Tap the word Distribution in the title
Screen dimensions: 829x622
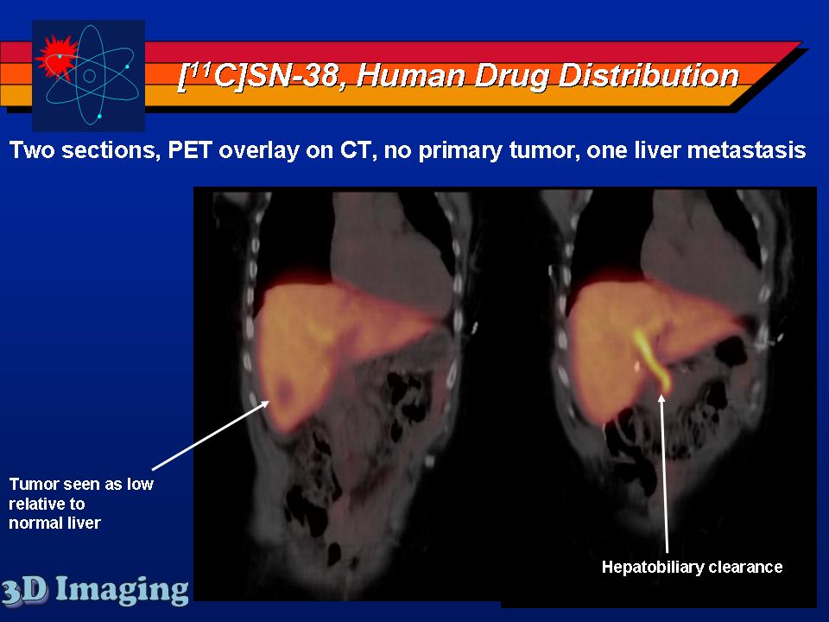point(649,75)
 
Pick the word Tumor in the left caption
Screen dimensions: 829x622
point(31,484)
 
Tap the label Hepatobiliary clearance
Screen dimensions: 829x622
point(692,567)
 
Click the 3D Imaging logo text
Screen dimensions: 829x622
point(94,590)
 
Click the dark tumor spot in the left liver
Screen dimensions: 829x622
point(286,391)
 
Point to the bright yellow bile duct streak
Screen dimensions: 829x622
point(651,360)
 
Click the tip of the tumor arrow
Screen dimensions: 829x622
point(269,402)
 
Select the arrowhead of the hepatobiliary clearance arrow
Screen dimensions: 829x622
point(661,399)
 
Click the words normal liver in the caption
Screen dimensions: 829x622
point(54,524)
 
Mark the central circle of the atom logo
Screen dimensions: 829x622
point(89,76)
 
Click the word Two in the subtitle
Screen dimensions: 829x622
point(32,150)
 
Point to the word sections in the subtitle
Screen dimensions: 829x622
point(111,151)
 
